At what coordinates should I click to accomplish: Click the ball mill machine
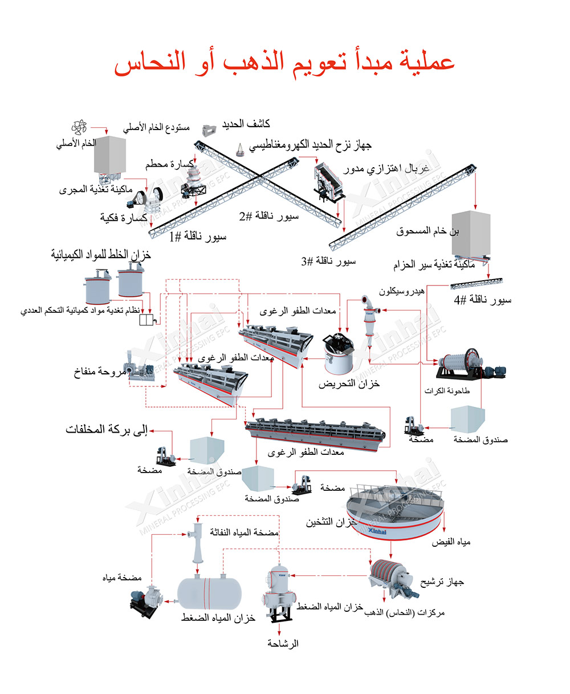pos(470,364)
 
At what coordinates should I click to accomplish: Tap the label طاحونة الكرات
pos(447,391)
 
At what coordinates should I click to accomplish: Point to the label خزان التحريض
pos(349,384)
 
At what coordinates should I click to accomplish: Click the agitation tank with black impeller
pos(339,353)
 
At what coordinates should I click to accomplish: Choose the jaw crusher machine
pos(145,199)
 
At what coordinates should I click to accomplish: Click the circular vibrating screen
pos(329,181)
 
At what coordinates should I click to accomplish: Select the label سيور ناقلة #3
pos(328,261)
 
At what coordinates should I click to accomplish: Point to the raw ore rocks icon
pos(79,127)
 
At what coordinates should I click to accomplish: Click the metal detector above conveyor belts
pos(209,130)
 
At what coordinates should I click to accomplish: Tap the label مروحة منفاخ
pos(100,372)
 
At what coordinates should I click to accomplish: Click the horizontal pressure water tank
pos(209,594)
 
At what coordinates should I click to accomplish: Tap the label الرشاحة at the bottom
pos(283,643)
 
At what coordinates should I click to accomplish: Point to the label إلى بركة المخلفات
pos(107,430)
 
